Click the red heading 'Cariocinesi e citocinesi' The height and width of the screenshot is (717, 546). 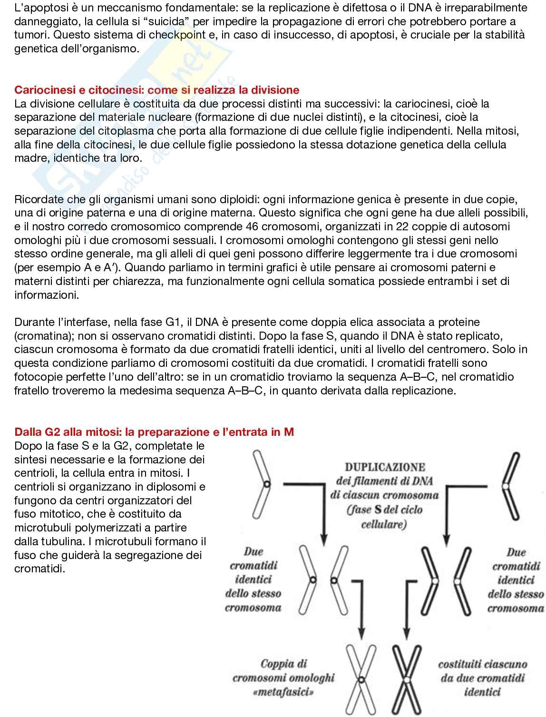tap(157, 90)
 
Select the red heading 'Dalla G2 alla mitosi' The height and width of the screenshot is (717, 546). tap(154, 432)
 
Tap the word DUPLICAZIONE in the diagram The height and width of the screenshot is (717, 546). tap(385, 467)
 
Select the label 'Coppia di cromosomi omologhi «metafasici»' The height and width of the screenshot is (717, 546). tap(283, 678)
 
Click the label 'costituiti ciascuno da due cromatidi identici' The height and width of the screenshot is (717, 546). tap(482, 678)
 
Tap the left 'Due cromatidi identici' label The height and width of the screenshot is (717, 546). tap(253, 579)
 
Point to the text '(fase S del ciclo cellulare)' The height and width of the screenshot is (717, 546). tap(384, 517)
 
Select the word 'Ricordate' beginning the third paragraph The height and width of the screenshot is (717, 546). tap(38, 199)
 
